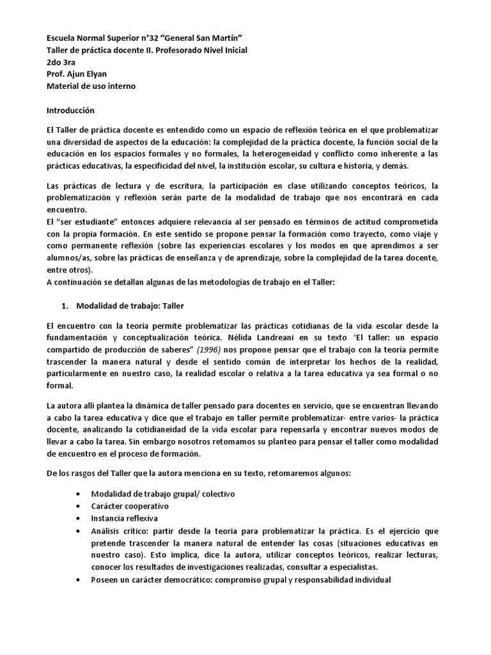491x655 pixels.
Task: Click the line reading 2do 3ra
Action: tap(62, 62)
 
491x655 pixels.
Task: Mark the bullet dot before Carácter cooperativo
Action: tap(78, 506)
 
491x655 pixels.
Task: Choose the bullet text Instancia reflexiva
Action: tap(125, 518)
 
